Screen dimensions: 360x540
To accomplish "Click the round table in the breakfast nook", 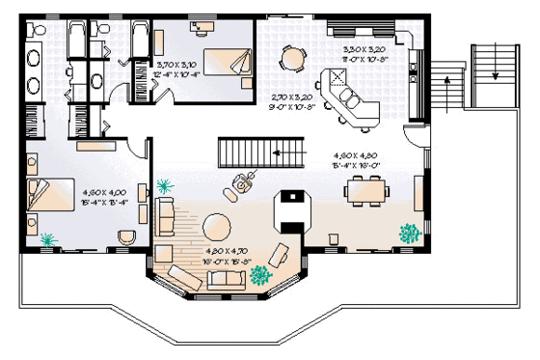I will tap(290, 58).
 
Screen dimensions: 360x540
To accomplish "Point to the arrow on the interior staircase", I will tap(276, 152).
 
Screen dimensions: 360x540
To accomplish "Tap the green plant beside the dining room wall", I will tap(410, 233).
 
